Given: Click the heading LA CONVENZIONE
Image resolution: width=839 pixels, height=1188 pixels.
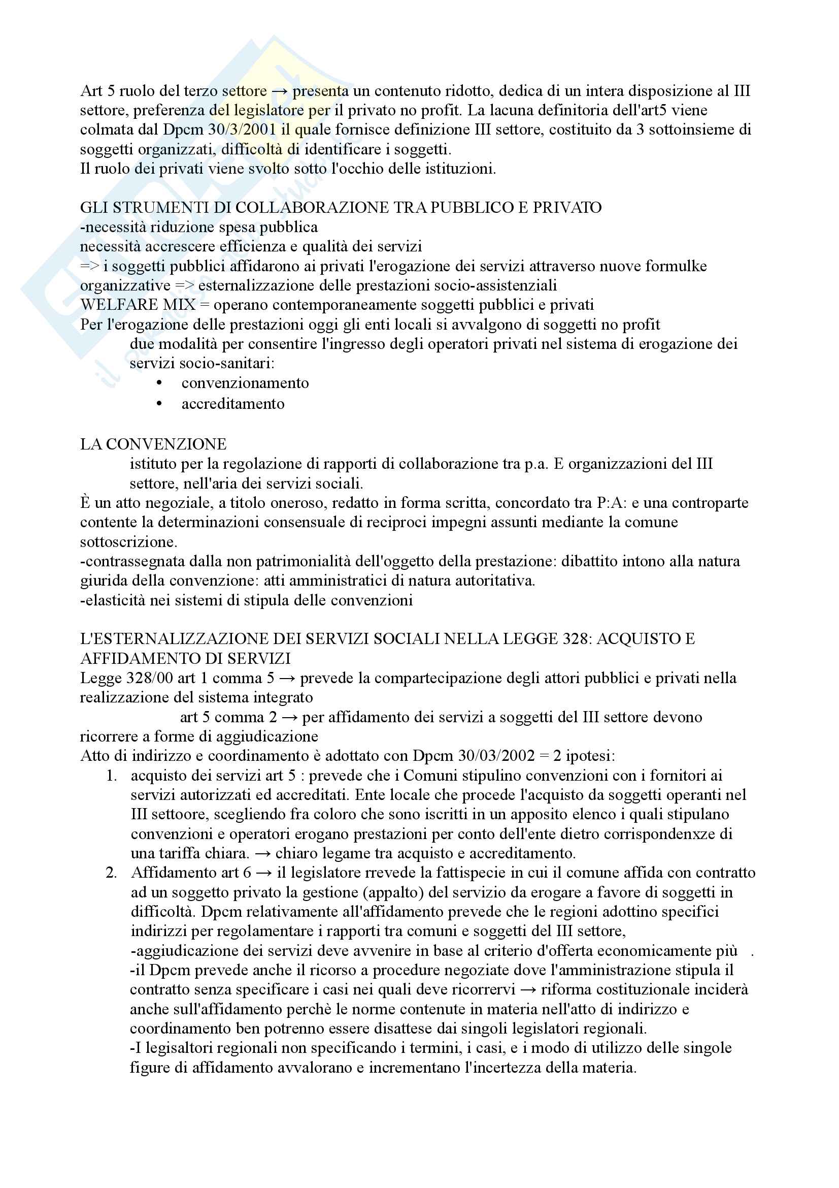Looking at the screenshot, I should pos(153,444).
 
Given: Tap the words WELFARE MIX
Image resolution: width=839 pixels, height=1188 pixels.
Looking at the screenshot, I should pos(138,305).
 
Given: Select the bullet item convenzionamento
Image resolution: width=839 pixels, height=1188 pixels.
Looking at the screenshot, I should pos(245,383).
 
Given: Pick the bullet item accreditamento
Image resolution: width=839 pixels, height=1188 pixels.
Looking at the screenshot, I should pos(232,404).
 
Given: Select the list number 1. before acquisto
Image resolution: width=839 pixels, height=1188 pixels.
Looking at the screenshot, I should pos(111,776).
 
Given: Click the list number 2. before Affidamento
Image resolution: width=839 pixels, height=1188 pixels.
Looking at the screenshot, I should pos(111,873).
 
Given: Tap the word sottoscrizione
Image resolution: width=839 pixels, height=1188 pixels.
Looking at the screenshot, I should pos(128,542).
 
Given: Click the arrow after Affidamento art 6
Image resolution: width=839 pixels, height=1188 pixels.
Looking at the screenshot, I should pos(264,873).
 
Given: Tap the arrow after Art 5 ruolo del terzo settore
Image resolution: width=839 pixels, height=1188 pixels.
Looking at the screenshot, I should pos(280,91).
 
